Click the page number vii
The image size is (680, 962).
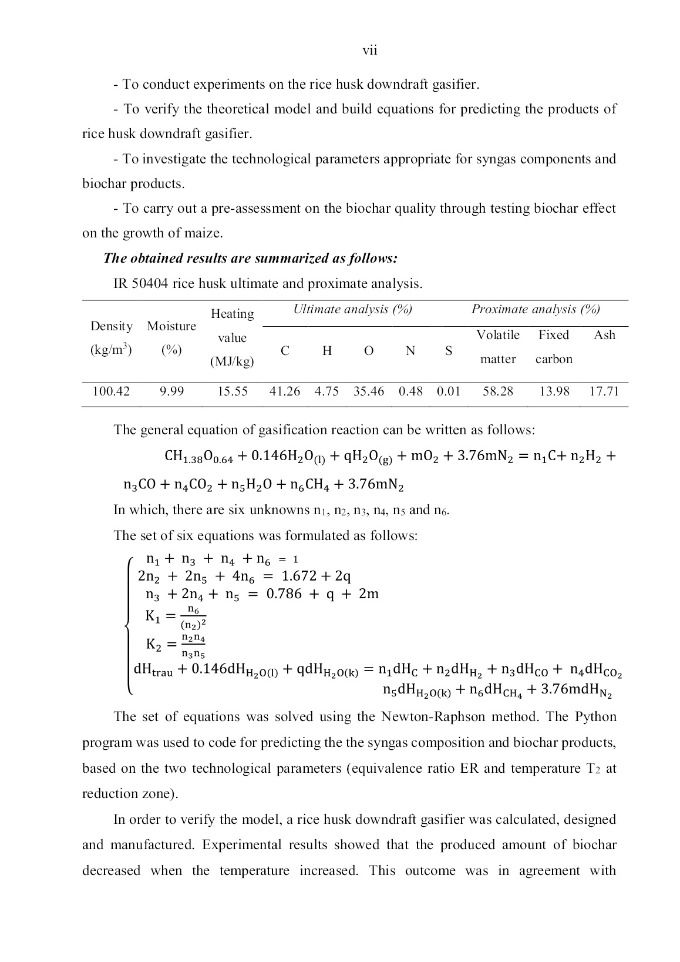[x=369, y=51]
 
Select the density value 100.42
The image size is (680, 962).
[x=111, y=391]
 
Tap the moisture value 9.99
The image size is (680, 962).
[x=171, y=391]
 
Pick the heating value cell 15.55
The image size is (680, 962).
[x=233, y=391]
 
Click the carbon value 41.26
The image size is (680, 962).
[x=284, y=391]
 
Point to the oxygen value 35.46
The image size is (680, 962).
[x=368, y=391]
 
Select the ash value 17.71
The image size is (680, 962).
[x=604, y=391]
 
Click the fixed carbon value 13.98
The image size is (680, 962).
[x=554, y=391]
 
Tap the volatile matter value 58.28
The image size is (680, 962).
[x=497, y=391]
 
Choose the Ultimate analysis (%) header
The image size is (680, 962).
[x=352, y=310]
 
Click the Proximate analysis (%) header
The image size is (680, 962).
[x=536, y=310]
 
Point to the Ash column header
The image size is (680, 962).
[x=604, y=335]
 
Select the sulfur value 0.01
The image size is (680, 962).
[x=448, y=391]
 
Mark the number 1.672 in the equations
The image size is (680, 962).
[x=299, y=576]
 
